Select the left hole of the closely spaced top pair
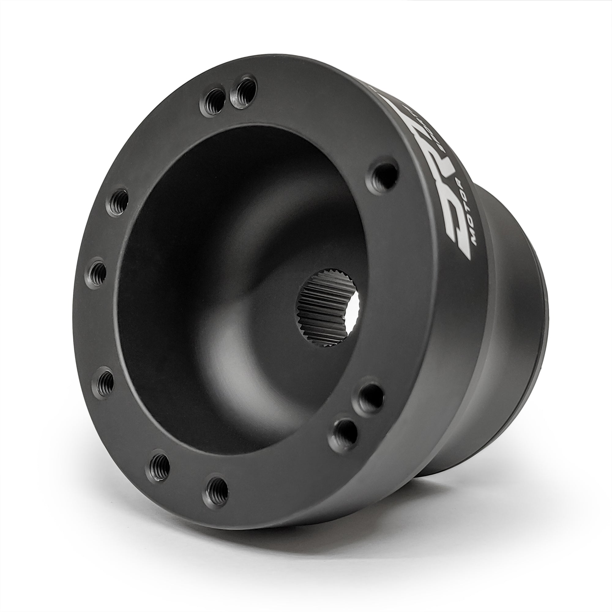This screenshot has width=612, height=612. [x=210, y=100]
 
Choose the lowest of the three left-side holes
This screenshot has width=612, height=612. [x=105, y=383]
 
